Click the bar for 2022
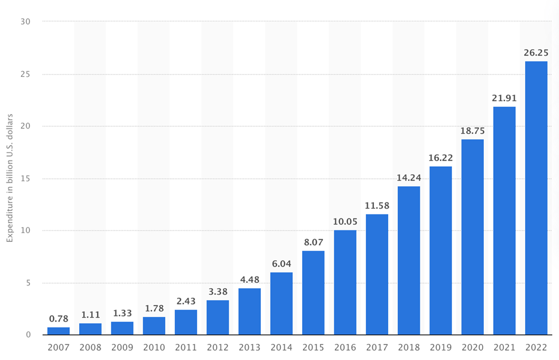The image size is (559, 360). (x=535, y=198)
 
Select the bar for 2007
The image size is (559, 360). (x=58, y=331)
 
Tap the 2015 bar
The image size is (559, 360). (x=313, y=292)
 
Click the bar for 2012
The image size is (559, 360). (x=218, y=317)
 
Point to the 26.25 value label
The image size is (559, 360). (x=535, y=52)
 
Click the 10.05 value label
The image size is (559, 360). (x=345, y=221)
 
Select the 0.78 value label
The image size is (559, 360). (x=58, y=318)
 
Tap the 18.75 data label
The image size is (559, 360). (x=472, y=130)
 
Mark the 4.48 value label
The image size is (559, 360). (x=249, y=279)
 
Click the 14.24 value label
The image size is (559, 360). (x=408, y=177)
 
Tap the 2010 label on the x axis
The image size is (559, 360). (x=154, y=347)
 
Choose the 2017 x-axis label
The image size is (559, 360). (x=377, y=347)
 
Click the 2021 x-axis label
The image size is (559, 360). (x=504, y=347)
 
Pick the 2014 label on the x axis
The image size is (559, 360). (x=281, y=347)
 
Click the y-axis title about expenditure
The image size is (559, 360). (x=10, y=178)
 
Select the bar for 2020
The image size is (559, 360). (x=472, y=237)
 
